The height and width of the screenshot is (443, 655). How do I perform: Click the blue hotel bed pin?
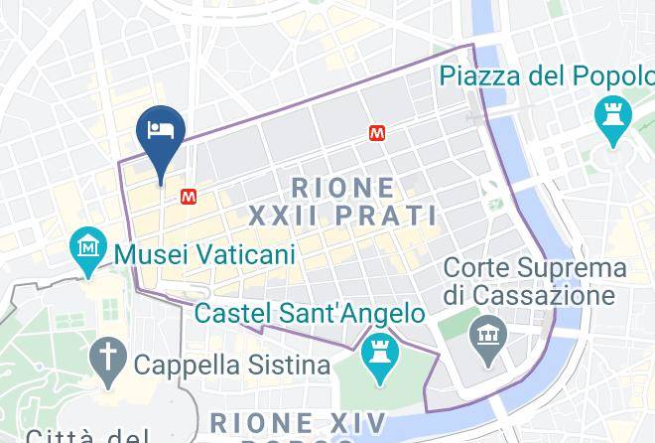[160, 132]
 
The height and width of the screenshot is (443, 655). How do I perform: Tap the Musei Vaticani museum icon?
[89, 244]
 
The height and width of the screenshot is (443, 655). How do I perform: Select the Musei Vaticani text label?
[205, 254]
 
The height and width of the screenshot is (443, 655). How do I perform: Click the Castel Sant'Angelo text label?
[310, 314]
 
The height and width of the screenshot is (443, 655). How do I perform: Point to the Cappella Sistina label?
[232, 365]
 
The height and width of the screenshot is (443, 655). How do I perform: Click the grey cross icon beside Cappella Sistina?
[104, 356]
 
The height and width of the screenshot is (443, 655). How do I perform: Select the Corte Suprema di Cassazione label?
[535, 281]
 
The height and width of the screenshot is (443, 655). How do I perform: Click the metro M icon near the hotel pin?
[188, 198]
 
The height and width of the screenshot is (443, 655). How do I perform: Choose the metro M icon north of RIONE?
[377, 132]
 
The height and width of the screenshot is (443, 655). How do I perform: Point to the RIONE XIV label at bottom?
[295, 423]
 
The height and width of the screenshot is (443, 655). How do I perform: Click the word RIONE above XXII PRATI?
[343, 186]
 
